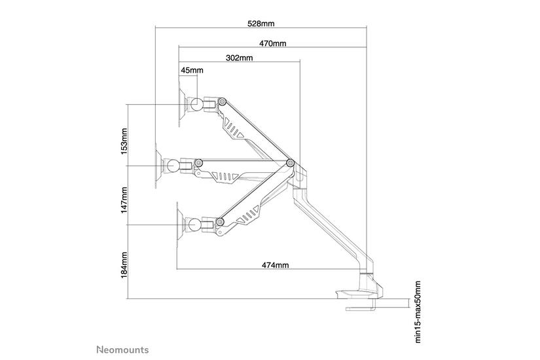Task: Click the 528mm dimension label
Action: point(261,24)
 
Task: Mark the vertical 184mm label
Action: point(124,264)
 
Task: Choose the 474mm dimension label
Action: point(275,265)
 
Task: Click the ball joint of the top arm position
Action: point(195,103)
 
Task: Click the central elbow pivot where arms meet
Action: point(290,163)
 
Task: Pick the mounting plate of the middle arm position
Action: point(158,164)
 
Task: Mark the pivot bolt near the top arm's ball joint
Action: point(223,101)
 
